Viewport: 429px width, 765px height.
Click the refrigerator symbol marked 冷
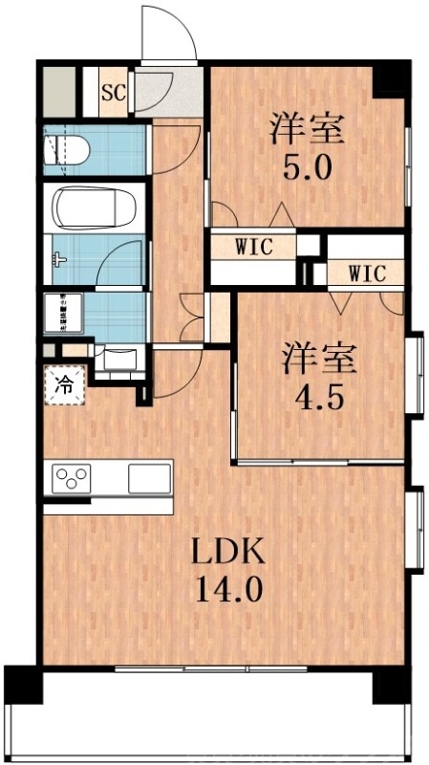(x=65, y=385)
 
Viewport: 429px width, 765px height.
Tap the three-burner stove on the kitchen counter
(x=72, y=477)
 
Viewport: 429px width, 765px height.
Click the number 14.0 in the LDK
(x=228, y=588)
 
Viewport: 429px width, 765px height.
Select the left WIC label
(x=254, y=246)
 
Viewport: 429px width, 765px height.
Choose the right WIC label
(x=366, y=273)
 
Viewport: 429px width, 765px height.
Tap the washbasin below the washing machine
(x=119, y=359)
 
